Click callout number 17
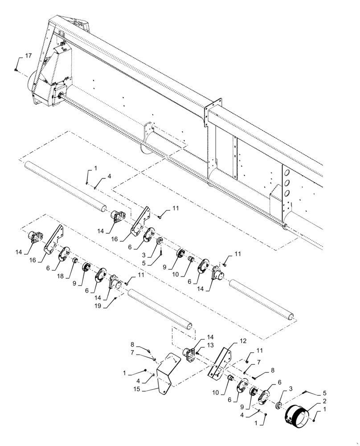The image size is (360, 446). coord(28,56)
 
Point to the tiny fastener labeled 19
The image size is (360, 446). coord(115,298)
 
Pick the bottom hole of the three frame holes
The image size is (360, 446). coord(287,193)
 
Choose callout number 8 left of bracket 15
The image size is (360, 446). coord(132,344)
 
